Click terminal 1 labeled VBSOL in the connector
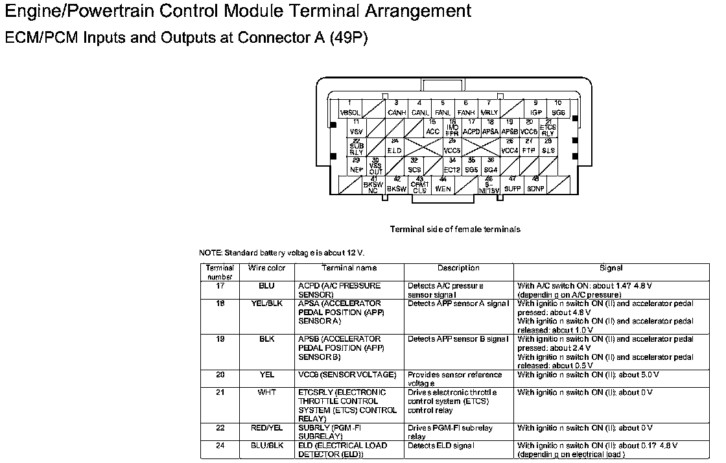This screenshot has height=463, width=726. click(x=350, y=108)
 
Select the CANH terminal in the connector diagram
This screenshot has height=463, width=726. click(x=396, y=108)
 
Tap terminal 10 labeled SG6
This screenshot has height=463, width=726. click(x=558, y=108)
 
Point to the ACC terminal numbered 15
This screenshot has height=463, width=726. click(x=432, y=128)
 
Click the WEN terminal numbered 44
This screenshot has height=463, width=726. click(x=443, y=185)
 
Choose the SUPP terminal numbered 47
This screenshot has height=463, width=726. click(x=513, y=185)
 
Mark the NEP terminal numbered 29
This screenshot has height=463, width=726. click(x=356, y=165)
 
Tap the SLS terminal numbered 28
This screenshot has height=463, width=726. click(x=548, y=147)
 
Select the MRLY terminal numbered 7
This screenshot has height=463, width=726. click(x=489, y=108)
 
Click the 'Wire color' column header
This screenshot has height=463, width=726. click(x=266, y=268)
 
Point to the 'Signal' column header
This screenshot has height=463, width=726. click(x=611, y=268)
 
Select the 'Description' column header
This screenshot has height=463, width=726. click(x=458, y=268)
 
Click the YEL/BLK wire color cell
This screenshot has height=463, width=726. click(x=266, y=303)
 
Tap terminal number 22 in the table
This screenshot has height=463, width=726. click(x=220, y=428)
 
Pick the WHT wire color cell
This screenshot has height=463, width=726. click(x=266, y=392)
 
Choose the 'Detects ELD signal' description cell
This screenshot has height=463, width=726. click(x=441, y=445)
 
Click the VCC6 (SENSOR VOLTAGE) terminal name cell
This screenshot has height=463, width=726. click(x=347, y=375)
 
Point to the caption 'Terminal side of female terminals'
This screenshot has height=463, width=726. click(x=455, y=229)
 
